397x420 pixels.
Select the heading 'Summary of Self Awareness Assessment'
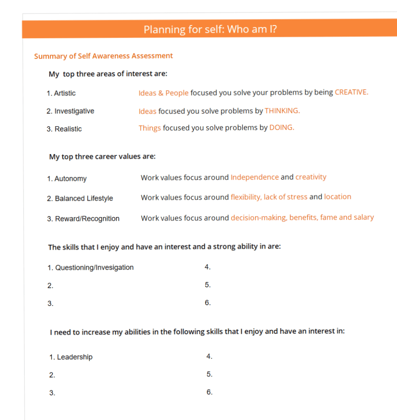point(103,56)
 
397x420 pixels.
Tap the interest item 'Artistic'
point(65,93)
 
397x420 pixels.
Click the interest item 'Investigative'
point(74,111)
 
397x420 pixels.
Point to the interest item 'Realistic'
point(68,129)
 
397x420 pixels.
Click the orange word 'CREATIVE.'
point(351,92)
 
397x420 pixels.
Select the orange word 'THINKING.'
point(282,111)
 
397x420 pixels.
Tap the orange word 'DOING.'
point(282,128)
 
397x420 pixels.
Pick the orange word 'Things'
point(150,128)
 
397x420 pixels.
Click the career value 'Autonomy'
point(71,179)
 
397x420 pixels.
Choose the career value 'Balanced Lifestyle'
point(84,199)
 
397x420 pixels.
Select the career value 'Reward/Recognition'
point(87,219)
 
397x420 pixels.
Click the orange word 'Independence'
point(255,177)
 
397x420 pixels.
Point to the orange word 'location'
point(338,197)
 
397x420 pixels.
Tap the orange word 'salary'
point(363,217)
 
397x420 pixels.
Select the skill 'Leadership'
point(75,357)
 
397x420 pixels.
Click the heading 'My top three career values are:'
point(102,157)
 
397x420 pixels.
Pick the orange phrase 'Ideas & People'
point(164,93)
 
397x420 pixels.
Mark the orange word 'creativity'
point(311,177)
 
